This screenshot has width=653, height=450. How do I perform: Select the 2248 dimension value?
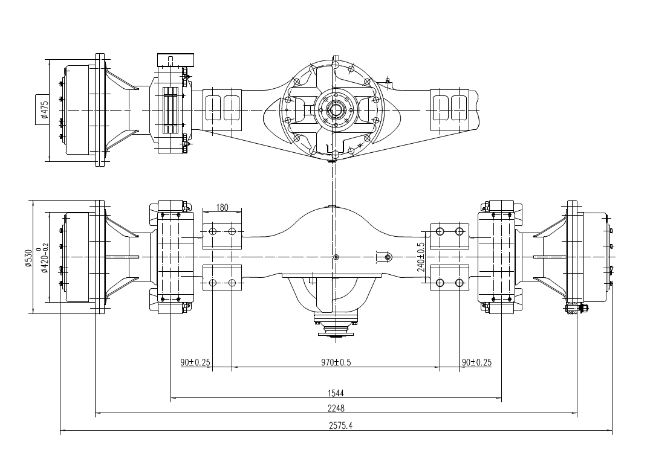tap(337, 409)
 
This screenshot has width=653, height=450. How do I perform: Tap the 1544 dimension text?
tap(337, 393)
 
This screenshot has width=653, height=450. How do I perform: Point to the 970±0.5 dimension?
tap(336, 362)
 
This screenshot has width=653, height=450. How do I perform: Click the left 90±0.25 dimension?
tap(195, 362)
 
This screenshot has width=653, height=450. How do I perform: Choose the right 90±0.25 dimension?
tap(476, 362)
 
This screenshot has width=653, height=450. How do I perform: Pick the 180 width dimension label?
tap(222, 208)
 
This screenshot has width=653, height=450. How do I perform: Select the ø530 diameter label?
tap(28, 257)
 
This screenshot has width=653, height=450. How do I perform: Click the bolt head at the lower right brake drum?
tap(583, 309)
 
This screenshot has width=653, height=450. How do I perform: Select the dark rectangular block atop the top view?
tap(176, 60)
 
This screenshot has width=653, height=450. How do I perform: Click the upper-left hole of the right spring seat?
tap(440, 232)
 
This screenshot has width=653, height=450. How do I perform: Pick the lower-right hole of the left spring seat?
tap(232, 283)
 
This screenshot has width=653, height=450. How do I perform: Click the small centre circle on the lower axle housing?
tap(336, 258)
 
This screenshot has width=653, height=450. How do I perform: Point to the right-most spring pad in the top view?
tap(450, 109)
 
